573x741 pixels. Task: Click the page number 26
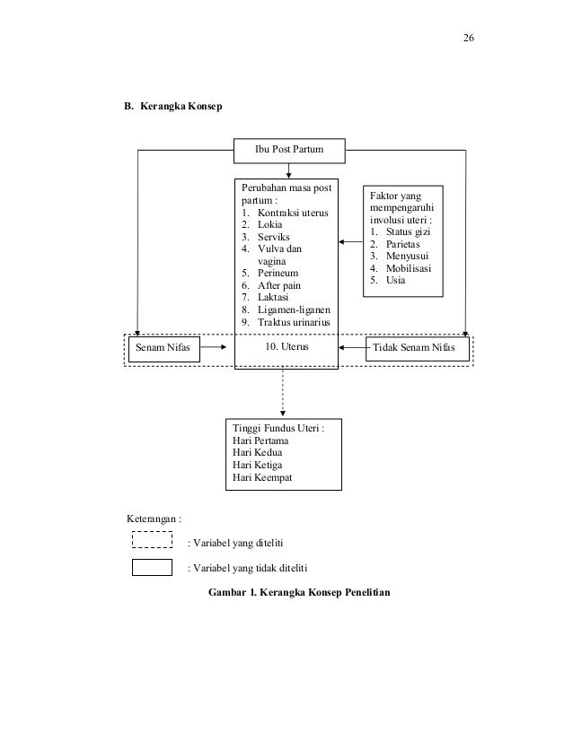[x=469, y=38]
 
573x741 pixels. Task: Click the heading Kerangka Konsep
[x=181, y=106]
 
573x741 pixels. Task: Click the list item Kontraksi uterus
[x=293, y=213]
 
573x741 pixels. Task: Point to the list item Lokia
[x=269, y=224]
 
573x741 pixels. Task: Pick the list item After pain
[x=279, y=285]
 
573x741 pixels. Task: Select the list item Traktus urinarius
[x=294, y=322]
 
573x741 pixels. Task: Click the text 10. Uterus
[x=286, y=346]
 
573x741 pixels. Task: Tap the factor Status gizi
[x=408, y=231]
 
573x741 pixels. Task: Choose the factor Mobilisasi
[x=409, y=268]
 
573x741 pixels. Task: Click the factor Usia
[x=395, y=280]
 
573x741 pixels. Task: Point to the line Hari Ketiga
[x=258, y=465]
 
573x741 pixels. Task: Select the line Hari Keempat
[x=262, y=477]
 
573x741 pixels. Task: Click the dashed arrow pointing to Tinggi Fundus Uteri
[x=283, y=393]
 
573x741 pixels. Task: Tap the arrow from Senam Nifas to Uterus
[x=214, y=347]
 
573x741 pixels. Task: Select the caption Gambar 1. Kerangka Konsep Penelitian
[x=299, y=592]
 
